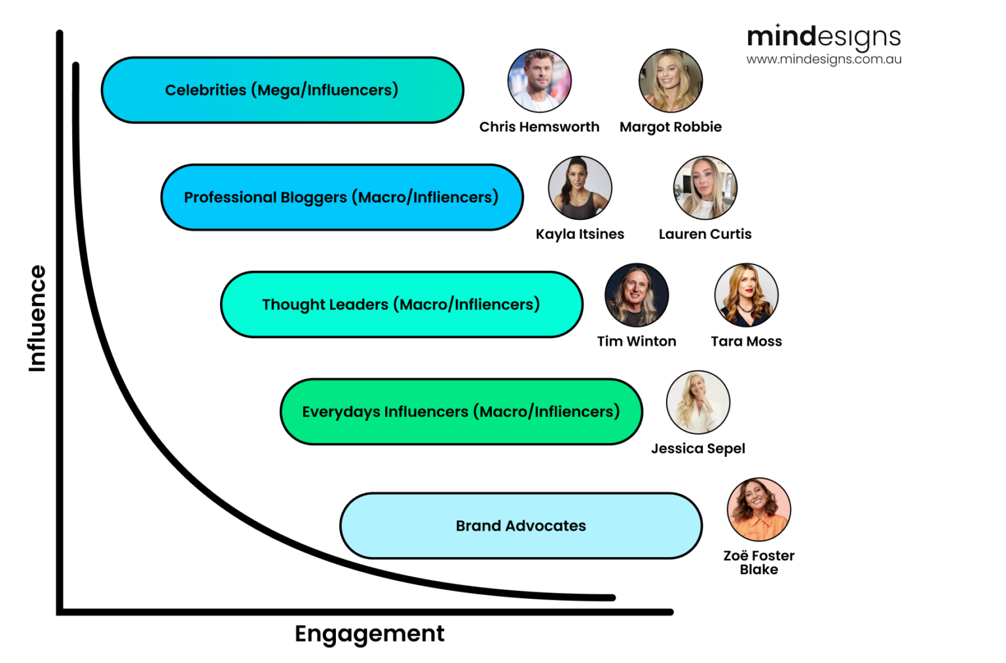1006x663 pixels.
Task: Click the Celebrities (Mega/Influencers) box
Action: pyautogui.click(x=282, y=90)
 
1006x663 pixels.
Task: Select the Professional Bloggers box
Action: pyautogui.click(x=342, y=197)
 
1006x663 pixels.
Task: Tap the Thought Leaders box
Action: pyautogui.click(x=401, y=304)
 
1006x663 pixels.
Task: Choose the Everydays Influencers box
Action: pyautogui.click(x=461, y=412)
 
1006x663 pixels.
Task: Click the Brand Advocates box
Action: pyautogui.click(x=521, y=526)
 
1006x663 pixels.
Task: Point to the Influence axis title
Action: pyautogui.click(x=37, y=319)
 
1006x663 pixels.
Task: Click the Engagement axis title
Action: pyautogui.click(x=369, y=634)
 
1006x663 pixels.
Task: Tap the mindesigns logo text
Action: pyautogui.click(x=823, y=37)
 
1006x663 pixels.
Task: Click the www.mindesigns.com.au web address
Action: pyautogui.click(x=823, y=59)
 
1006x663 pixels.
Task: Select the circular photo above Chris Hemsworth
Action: pyautogui.click(x=539, y=81)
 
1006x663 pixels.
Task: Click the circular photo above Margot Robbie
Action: pyautogui.click(x=670, y=81)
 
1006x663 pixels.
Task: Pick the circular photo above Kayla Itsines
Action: pyautogui.click(x=580, y=188)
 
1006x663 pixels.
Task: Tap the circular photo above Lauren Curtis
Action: pyautogui.click(x=705, y=188)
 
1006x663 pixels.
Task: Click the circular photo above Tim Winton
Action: pyautogui.click(x=636, y=295)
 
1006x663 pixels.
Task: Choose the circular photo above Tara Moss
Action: pyautogui.click(x=746, y=295)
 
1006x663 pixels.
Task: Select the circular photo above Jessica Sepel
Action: pyautogui.click(x=698, y=402)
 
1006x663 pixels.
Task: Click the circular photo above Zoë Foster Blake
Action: pyautogui.click(x=758, y=509)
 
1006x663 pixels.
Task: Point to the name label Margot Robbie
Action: pyautogui.click(x=670, y=127)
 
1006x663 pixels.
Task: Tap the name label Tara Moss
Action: pyautogui.click(x=746, y=341)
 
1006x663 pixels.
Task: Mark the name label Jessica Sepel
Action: pyautogui.click(x=698, y=448)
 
